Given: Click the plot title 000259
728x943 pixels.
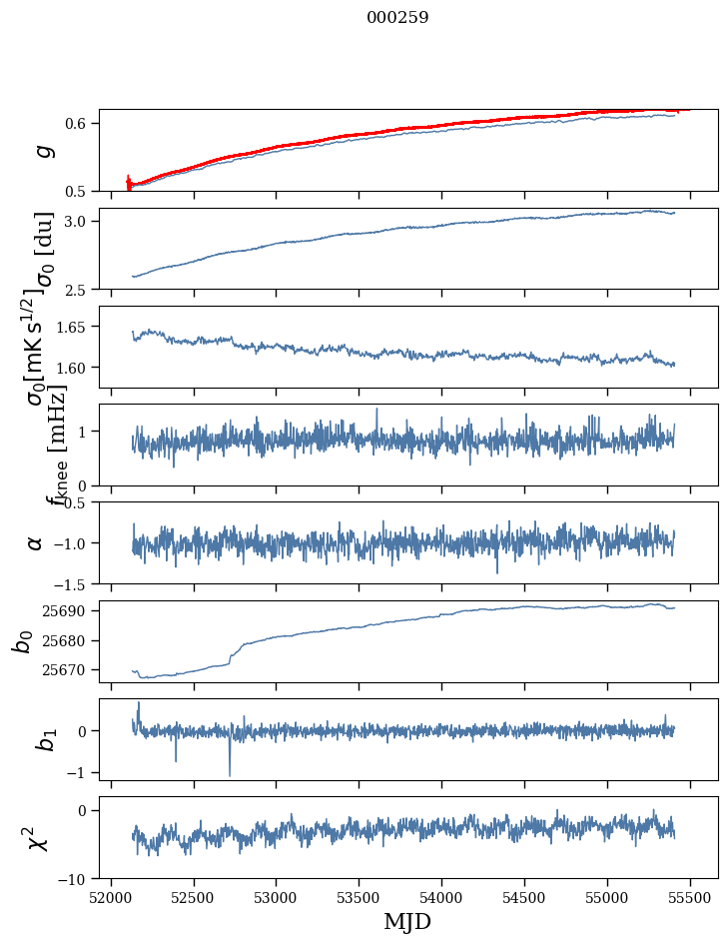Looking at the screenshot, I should click(397, 18).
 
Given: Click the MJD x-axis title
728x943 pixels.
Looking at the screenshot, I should click(407, 922).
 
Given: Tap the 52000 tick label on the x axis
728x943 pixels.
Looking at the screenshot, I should click(111, 897).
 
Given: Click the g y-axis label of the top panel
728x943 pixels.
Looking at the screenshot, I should click(42, 150).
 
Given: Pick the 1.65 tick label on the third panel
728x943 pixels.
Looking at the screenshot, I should click(73, 327).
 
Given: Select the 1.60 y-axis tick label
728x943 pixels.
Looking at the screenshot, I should click(73, 368).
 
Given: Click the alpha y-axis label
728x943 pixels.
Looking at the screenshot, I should click(36, 542).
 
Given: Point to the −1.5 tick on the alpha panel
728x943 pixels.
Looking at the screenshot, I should click(72, 583).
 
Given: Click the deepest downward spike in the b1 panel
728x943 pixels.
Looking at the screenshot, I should click(230, 775).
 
